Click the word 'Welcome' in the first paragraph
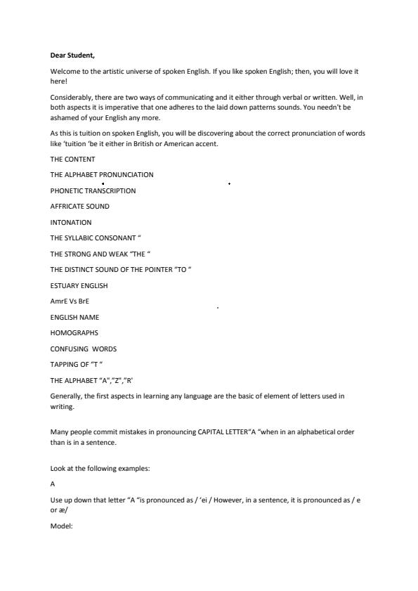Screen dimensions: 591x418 (x=64, y=72)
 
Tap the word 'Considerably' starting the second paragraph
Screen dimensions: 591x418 (x=70, y=96)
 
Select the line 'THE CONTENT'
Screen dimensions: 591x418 (x=72, y=159)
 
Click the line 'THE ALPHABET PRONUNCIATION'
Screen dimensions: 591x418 (x=102, y=174)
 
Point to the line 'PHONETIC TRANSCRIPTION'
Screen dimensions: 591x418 (x=93, y=190)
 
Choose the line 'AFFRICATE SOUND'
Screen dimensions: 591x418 (x=79, y=207)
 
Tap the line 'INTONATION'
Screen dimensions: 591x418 (x=71, y=222)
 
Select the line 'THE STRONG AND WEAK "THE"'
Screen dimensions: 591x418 (x=100, y=254)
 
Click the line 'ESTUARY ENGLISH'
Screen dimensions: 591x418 (x=79, y=285)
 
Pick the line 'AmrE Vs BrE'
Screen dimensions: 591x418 (x=70, y=301)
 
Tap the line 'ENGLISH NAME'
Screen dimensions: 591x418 (x=74, y=317)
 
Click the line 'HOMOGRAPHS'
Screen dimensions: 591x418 (x=74, y=333)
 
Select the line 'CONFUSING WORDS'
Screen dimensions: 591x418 (x=83, y=349)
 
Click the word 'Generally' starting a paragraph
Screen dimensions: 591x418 (x=66, y=396)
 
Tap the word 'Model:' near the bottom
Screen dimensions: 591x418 (x=61, y=523)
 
